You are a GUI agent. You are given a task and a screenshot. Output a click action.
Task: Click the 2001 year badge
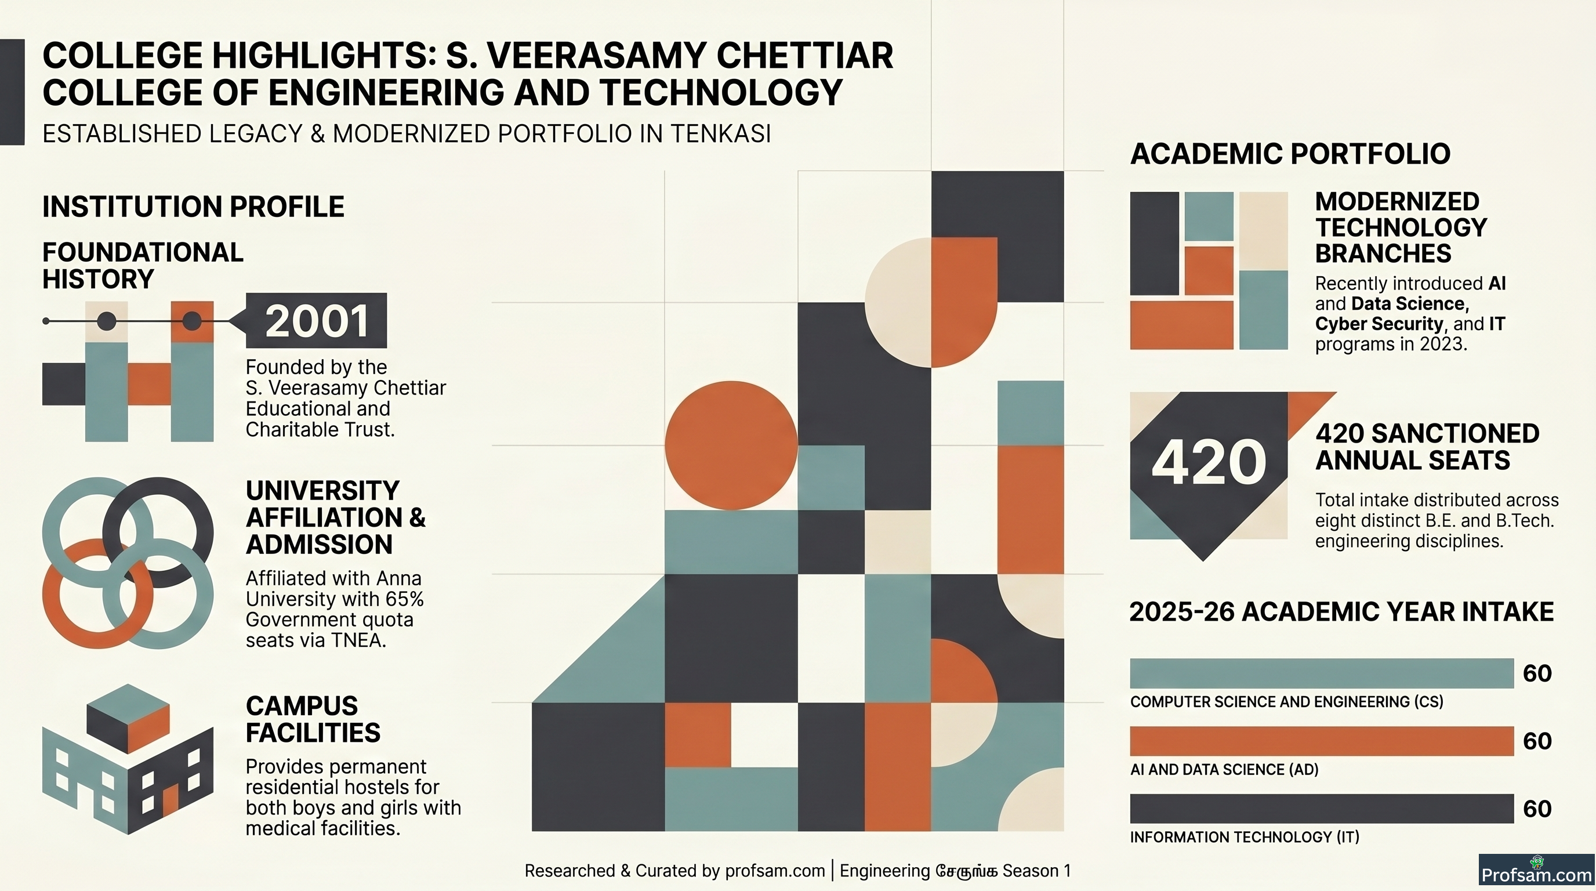click(x=316, y=320)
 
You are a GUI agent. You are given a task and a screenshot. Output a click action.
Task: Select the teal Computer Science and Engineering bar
click(x=1322, y=673)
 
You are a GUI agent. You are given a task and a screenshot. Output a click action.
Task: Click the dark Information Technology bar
click(x=1322, y=809)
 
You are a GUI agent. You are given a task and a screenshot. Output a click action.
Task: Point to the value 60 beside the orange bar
click(x=1537, y=741)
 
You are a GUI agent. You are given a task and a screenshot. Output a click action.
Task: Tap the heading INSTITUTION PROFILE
click(x=193, y=207)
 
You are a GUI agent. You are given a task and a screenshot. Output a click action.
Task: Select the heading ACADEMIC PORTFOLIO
click(x=1290, y=154)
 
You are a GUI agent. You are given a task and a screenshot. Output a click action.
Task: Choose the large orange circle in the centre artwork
click(x=731, y=445)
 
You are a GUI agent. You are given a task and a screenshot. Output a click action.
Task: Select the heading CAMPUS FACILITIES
click(x=313, y=719)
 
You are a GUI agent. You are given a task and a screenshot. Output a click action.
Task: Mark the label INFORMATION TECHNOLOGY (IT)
click(x=1244, y=837)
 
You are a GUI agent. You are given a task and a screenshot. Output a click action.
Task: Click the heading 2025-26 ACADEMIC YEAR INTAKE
click(x=1341, y=611)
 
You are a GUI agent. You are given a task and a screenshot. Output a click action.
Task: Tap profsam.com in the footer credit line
click(x=774, y=871)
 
